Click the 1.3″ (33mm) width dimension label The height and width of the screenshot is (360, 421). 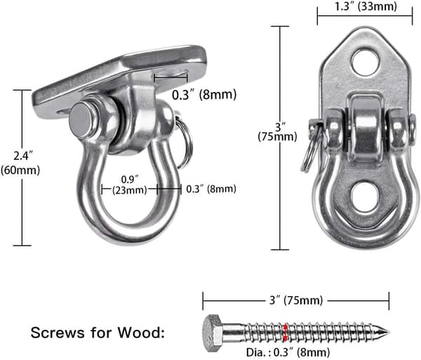[x=366, y=7]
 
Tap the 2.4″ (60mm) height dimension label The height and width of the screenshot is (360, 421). [x=20, y=163]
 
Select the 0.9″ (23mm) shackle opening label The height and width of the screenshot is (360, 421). [x=130, y=185]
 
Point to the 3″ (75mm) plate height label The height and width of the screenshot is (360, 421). [x=277, y=131]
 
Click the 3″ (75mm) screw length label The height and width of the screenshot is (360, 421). [x=296, y=300]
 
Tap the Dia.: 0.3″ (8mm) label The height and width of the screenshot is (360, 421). [x=288, y=352]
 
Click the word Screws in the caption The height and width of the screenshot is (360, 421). [x=58, y=333]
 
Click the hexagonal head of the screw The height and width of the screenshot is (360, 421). [x=213, y=333]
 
